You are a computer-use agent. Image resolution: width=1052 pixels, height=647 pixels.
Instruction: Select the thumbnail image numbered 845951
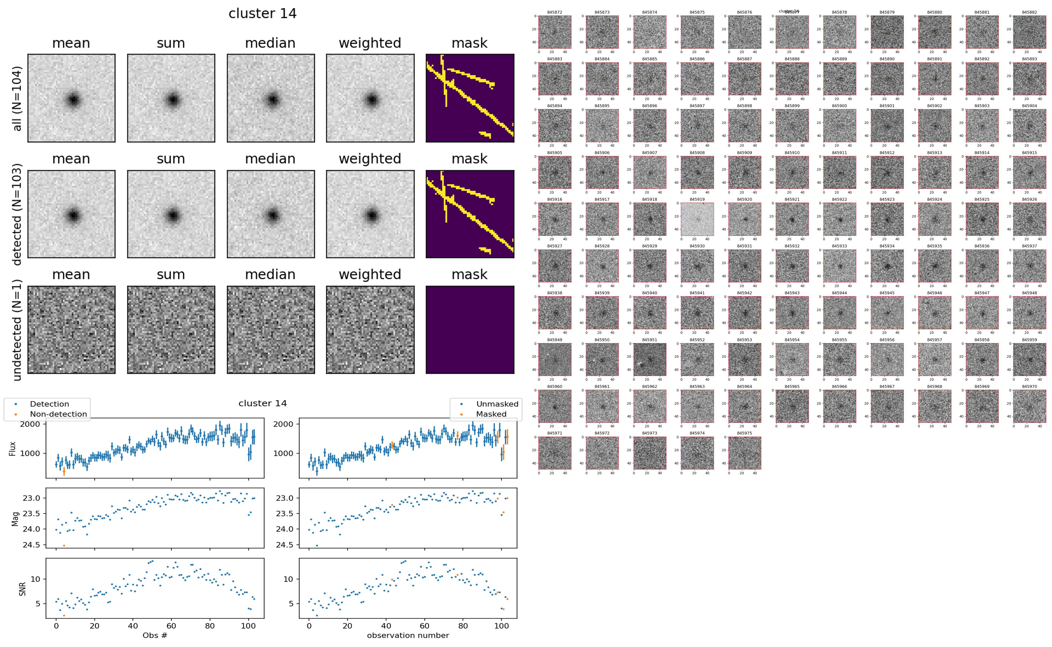coord(649,359)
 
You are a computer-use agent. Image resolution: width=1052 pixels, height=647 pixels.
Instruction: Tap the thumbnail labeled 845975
coord(744,453)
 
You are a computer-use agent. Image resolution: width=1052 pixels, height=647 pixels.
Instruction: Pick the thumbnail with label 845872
coord(554,32)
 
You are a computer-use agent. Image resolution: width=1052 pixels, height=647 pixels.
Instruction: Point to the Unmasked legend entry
coord(497,404)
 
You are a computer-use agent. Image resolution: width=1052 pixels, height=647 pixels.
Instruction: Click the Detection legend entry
coord(49,404)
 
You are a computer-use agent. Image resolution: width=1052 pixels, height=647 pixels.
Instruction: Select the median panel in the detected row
coord(271,214)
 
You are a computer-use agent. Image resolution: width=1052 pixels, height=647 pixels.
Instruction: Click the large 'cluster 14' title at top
coord(263,14)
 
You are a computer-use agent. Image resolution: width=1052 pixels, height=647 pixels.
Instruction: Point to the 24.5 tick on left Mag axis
coord(31,545)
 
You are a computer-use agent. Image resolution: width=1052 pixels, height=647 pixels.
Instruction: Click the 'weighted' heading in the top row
coord(370,43)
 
